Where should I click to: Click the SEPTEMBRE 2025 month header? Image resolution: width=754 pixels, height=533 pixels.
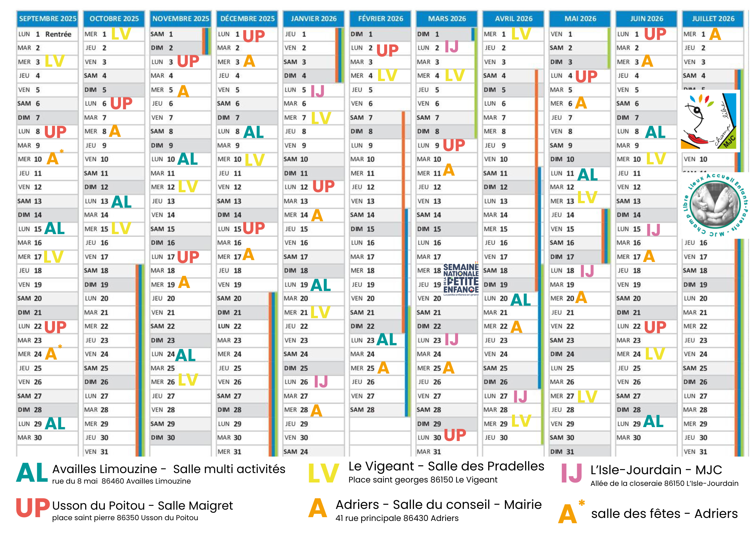[x=48, y=18]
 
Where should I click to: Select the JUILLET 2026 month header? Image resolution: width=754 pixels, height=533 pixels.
[x=713, y=18]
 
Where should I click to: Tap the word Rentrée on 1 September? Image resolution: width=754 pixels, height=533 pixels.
[x=58, y=34]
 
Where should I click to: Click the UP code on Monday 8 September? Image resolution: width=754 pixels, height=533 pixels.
[x=55, y=132]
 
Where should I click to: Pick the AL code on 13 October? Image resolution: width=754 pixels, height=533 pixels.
[x=121, y=202]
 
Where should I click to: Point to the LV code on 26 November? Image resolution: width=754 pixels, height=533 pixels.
[x=188, y=380]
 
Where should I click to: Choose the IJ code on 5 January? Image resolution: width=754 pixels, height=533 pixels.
[x=317, y=91]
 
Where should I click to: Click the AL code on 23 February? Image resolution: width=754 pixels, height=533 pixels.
[x=387, y=340]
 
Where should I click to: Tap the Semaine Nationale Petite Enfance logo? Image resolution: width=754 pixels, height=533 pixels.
[x=461, y=279]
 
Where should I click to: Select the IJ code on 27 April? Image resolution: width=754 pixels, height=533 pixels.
[x=520, y=396]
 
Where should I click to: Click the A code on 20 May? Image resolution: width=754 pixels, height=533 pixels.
[x=581, y=298]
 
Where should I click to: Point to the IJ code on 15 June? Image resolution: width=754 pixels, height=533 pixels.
[x=653, y=230]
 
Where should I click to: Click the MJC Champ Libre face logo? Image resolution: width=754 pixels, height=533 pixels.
[x=708, y=121]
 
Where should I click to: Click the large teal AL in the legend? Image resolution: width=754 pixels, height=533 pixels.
[x=32, y=473]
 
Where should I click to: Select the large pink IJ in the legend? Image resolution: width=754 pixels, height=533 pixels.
[x=572, y=473]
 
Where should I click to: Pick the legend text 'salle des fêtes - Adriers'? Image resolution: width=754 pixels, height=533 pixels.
[x=664, y=514]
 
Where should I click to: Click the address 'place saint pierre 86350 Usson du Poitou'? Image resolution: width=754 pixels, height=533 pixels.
[x=125, y=518]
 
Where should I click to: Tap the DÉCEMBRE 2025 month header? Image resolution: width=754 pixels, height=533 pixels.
[x=247, y=18]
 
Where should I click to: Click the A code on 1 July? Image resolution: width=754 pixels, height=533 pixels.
[x=715, y=35]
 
